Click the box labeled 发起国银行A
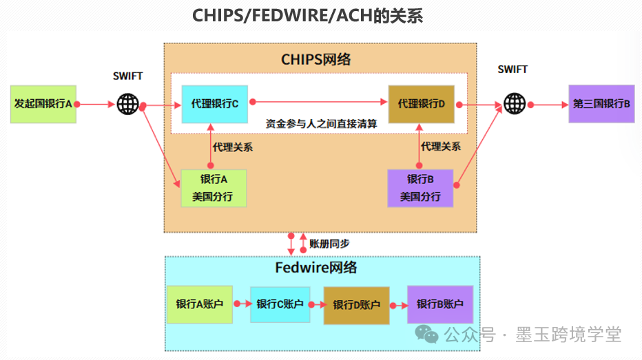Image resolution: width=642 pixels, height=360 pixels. pos(43,105)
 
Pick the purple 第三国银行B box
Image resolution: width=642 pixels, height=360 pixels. pos(601,105)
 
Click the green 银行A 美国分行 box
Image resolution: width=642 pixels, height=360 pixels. pos(213,188)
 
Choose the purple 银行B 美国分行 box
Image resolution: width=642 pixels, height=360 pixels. pos(420,188)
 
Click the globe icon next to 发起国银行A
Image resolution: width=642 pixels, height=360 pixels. pos(127,104)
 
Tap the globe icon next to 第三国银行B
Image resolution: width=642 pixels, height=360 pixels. pos(514,104)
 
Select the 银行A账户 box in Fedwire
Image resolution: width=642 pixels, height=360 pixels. pos(200,304)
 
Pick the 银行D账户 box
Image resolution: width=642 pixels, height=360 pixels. pos(356,305)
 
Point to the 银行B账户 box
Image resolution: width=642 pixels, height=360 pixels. pos(440,304)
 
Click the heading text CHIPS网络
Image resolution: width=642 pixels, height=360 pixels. pos(316,60)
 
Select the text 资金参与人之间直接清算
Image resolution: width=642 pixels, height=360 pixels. pos(321,124)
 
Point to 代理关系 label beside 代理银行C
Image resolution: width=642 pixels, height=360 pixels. pos(232,147)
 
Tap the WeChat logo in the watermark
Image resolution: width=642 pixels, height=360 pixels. pos(431,335)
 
